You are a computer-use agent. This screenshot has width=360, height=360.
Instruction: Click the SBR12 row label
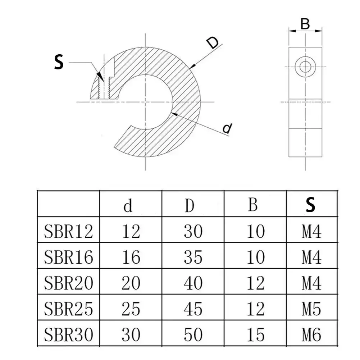click(x=69, y=231)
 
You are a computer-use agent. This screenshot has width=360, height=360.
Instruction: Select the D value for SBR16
click(x=193, y=257)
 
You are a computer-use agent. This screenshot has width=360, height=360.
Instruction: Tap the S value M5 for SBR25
click(x=311, y=309)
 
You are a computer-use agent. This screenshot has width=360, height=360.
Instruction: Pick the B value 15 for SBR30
click(x=256, y=335)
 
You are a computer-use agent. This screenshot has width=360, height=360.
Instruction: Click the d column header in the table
click(x=128, y=205)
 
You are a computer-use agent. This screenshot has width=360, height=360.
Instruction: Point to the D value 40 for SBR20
click(x=193, y=283)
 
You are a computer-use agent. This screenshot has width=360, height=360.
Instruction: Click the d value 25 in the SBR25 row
click(x=131, y=309)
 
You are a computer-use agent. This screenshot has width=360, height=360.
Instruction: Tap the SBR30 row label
click(x=69, y=335)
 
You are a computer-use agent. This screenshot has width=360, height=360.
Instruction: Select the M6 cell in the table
click(x=311, y=335)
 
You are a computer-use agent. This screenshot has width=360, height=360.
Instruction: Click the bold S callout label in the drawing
click(x=59, y=62)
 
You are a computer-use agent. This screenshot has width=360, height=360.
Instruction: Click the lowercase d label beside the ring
click(x=227, y=128)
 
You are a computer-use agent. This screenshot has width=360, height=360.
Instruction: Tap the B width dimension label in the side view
click(x=305, y=24)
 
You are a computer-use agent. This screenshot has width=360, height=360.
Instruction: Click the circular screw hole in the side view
click(x=305, y=67)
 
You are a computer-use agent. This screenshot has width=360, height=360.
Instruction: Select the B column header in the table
click(x=253, y=205)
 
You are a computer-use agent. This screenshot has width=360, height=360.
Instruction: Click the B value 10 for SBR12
click(x=256, y=231)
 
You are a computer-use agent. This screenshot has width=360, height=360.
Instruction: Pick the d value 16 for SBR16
click(x=131, y=257)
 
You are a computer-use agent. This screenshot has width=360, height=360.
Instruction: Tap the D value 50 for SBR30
click(x=193, y=335)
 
